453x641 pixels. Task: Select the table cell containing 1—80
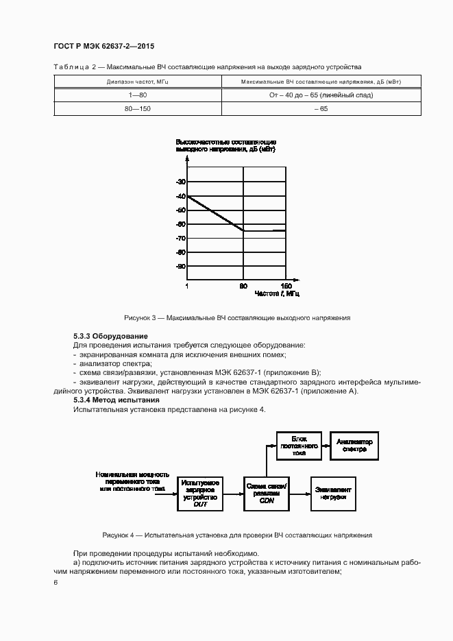[x=138, y=95]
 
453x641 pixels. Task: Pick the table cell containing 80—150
[x=138, y=109]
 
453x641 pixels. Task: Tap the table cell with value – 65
[x=321, y=109]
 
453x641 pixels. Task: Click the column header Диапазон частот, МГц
[x=138, y=82]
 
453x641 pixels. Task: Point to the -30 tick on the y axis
[x=181, y=182]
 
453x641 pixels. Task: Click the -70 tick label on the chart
[x=181, y=238]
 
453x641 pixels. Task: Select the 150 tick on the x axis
[x=286, y=285]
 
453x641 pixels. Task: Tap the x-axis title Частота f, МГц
[x=277, y=293]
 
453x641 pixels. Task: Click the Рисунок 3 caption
[x=237, y=318]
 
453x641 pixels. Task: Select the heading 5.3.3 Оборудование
[x=110, y=336]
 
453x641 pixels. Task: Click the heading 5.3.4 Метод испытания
[x=116, y=400]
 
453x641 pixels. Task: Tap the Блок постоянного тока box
[x=298, y=446]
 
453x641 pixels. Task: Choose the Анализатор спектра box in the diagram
[x=354, y=446]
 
